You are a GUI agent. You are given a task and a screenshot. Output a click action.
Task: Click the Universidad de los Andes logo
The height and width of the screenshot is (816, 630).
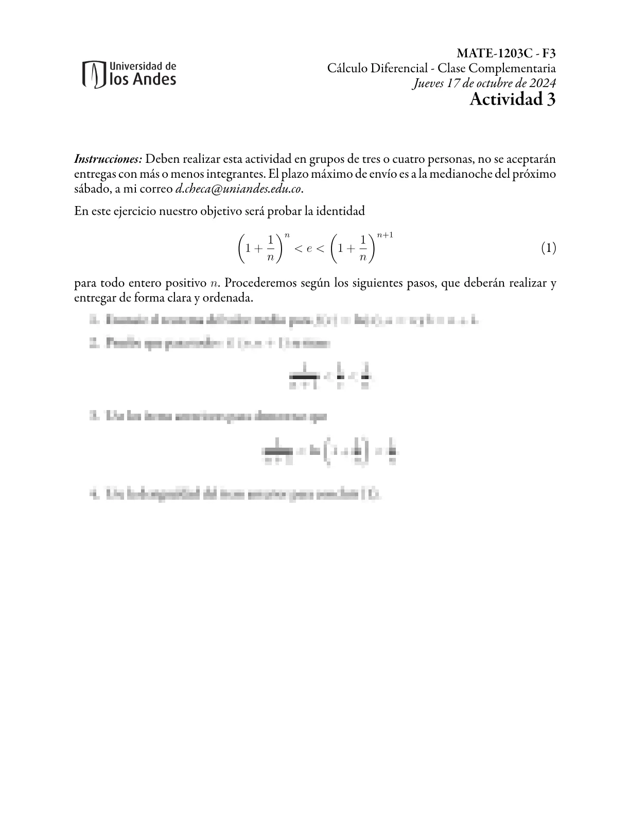[x=129, y=74]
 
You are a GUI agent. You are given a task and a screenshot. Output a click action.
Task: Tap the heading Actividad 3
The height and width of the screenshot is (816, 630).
[x=512, y=99]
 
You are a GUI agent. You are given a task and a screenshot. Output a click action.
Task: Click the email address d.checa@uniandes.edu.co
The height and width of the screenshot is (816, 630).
[x=238, y=189]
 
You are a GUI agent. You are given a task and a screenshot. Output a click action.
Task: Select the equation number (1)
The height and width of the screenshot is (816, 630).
[x=548, y=248]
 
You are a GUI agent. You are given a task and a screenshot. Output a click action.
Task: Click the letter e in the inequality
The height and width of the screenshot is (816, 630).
[x=309, y=249]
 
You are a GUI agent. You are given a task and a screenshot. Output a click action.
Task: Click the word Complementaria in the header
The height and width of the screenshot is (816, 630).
[x=519, y=68]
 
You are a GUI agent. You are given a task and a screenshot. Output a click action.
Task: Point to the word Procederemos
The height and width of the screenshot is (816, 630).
[x=260, y=283]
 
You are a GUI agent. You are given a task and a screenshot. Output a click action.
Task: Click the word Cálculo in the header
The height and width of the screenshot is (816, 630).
[x=347, y=68]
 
